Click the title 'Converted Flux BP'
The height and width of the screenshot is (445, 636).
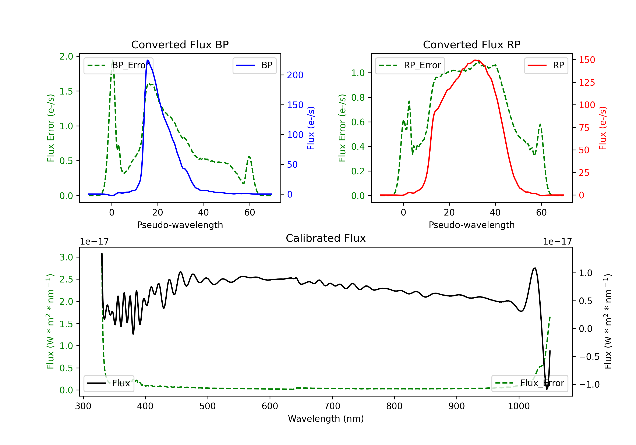tap(180, 44)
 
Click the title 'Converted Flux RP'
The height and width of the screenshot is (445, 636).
tap(471, 44)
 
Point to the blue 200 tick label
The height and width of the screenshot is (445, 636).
tap(295, 75)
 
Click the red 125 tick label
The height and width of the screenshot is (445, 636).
tap(587, 82)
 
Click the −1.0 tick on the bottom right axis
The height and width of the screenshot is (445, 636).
tap(589, 384)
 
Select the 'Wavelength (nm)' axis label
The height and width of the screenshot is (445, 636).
tap(326, 419)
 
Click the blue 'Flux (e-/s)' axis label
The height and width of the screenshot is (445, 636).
tap(311, 128)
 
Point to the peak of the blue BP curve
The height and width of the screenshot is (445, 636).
tap(148, 60)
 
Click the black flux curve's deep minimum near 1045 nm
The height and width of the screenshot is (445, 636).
tap(547, 389)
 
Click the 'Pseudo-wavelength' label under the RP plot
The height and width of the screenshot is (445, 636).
tap(471, 225)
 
